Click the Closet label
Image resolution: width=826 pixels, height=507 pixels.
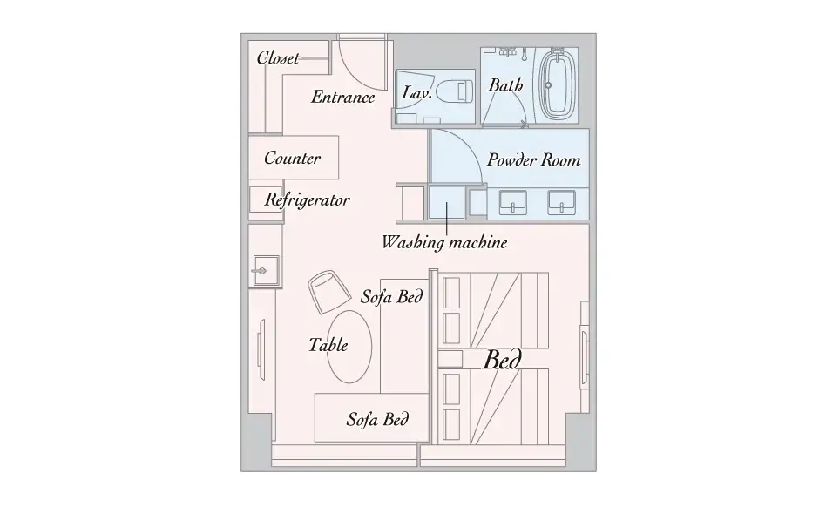click(278, 57)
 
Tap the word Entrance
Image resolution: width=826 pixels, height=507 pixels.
click(343, 97)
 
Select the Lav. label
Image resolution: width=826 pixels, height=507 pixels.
click(416, 92)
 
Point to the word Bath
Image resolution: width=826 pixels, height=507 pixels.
click(505, 84)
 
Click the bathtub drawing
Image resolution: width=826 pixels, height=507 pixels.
click(559, 84)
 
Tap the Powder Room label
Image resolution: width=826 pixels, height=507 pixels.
click(533, 159)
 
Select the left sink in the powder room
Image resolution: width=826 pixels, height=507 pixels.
click(512, 203)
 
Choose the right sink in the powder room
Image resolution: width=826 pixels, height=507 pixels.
click(561, 203)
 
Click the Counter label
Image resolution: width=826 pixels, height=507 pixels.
click(293, 158)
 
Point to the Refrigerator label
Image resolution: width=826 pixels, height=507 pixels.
click(307, 199)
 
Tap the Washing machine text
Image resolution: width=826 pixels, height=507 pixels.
click(444, 242)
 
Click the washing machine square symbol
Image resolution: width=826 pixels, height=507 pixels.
click(446, 202)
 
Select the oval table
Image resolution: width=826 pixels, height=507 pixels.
click(349, 347)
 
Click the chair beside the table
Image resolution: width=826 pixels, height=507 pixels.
click(328, 292)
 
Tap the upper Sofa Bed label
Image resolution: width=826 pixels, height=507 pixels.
click(391, 296)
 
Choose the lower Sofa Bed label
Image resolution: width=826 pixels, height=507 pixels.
click(377, 419)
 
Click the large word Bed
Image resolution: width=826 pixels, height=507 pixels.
click(503, 360)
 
